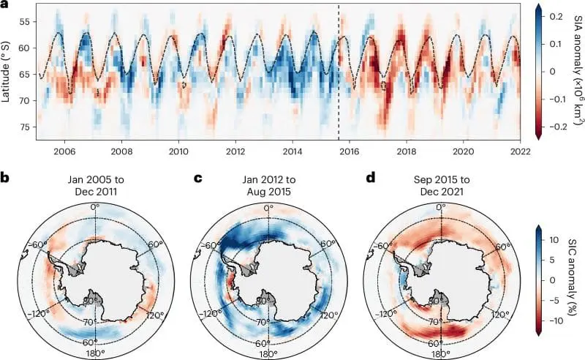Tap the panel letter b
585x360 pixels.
(5, 178)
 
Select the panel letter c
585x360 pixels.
(195, 178)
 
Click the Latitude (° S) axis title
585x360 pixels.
(8, 71)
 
